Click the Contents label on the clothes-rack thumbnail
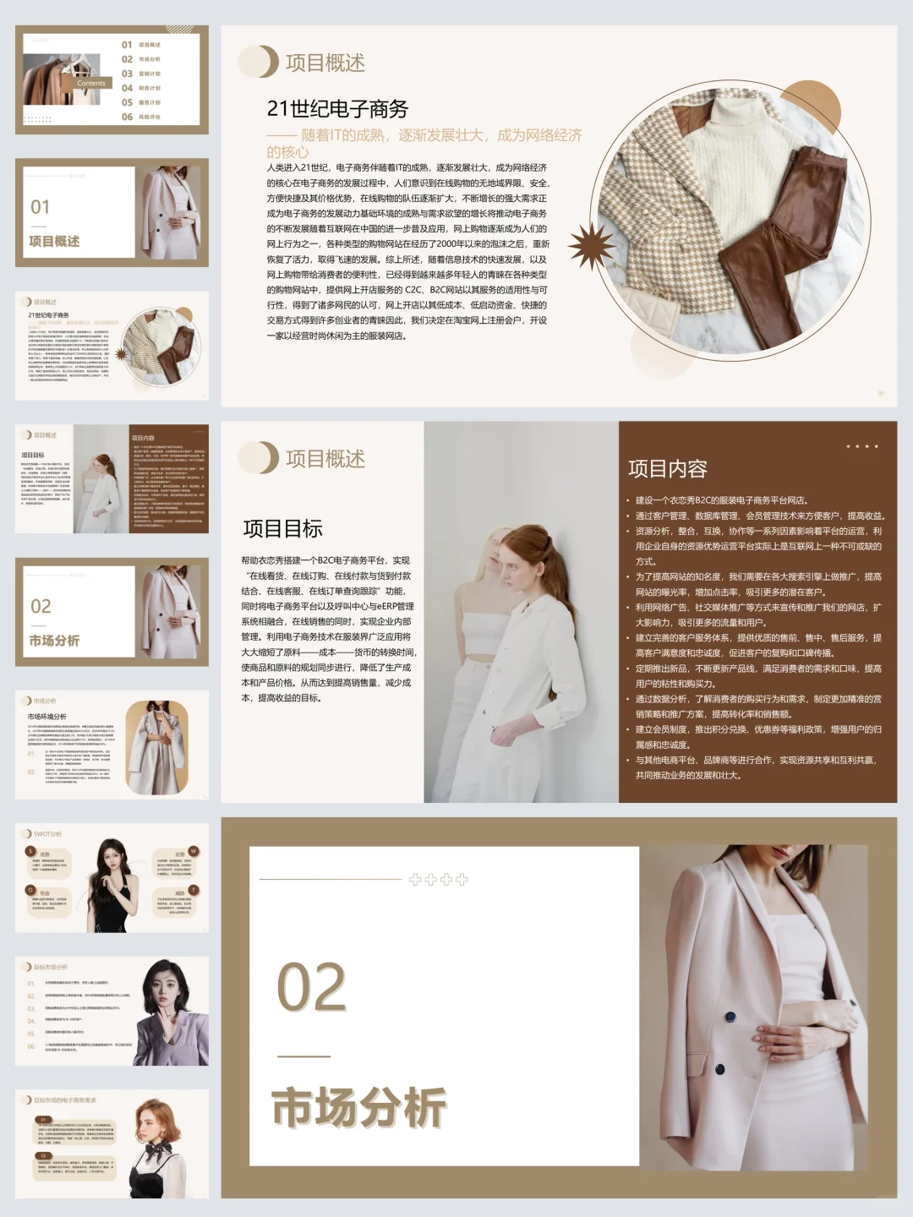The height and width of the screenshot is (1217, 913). click(x=91, y=83)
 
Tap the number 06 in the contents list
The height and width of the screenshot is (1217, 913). click(x=127, y=117)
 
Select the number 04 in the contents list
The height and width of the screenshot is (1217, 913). click(x=127, y=88)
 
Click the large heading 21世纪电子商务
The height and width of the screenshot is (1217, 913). click(x=337, y=109)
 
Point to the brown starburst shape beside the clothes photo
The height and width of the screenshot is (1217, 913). click(x=591, y=246)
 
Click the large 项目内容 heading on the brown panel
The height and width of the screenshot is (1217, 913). click(x=667, y=469)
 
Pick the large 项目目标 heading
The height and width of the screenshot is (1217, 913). click(x=282, y=529)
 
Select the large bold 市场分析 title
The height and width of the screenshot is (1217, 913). click(x=358, y=1107)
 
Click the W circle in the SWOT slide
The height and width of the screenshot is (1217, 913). click(x=194, y=850)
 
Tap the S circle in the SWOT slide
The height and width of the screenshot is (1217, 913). click(x=30, y=851)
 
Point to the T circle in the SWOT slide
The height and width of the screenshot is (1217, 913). click(x=194, y=890)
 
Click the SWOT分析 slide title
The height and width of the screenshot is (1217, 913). click(x=47, y=834)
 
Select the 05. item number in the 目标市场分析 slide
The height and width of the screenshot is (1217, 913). click(x=31, y=1034)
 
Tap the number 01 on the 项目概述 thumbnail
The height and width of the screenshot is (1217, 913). click(x=40, y=207)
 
